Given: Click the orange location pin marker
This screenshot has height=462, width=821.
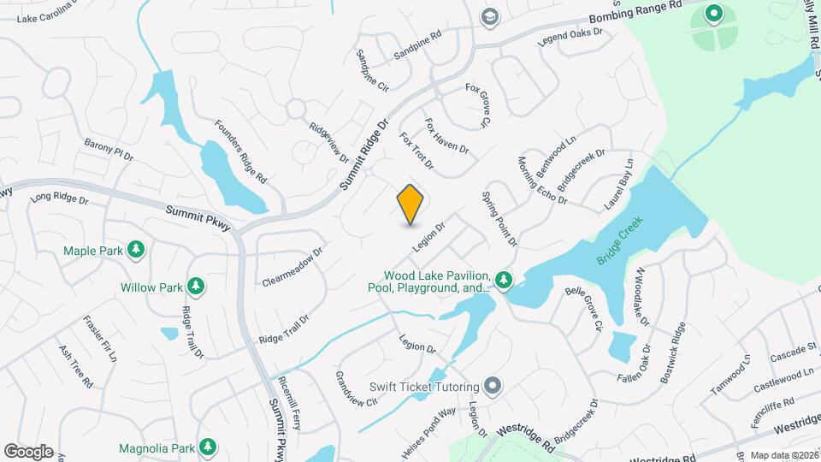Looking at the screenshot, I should [410, 204].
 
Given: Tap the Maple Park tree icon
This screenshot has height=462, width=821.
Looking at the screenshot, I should [135, 250].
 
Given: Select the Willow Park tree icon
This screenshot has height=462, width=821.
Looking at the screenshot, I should [197, 286].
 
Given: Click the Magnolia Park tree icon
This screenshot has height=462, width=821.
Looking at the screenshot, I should [206, 447].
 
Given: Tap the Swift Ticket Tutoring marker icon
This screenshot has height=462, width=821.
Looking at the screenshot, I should [492, 386].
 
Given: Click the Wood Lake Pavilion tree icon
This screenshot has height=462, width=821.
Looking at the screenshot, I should [505, 279].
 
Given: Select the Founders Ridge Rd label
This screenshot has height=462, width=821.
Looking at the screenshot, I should [241, 151].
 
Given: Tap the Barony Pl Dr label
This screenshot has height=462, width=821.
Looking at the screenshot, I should [109, 148].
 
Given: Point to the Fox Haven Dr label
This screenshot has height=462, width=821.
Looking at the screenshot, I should [446, 136].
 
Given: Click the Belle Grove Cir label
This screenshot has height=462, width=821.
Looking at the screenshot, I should [585, 309].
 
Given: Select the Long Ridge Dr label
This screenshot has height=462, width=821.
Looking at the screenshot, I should [60, 198].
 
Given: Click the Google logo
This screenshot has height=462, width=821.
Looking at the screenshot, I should [28, 452].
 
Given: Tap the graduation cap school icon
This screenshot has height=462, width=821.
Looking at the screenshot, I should [489, 17].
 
